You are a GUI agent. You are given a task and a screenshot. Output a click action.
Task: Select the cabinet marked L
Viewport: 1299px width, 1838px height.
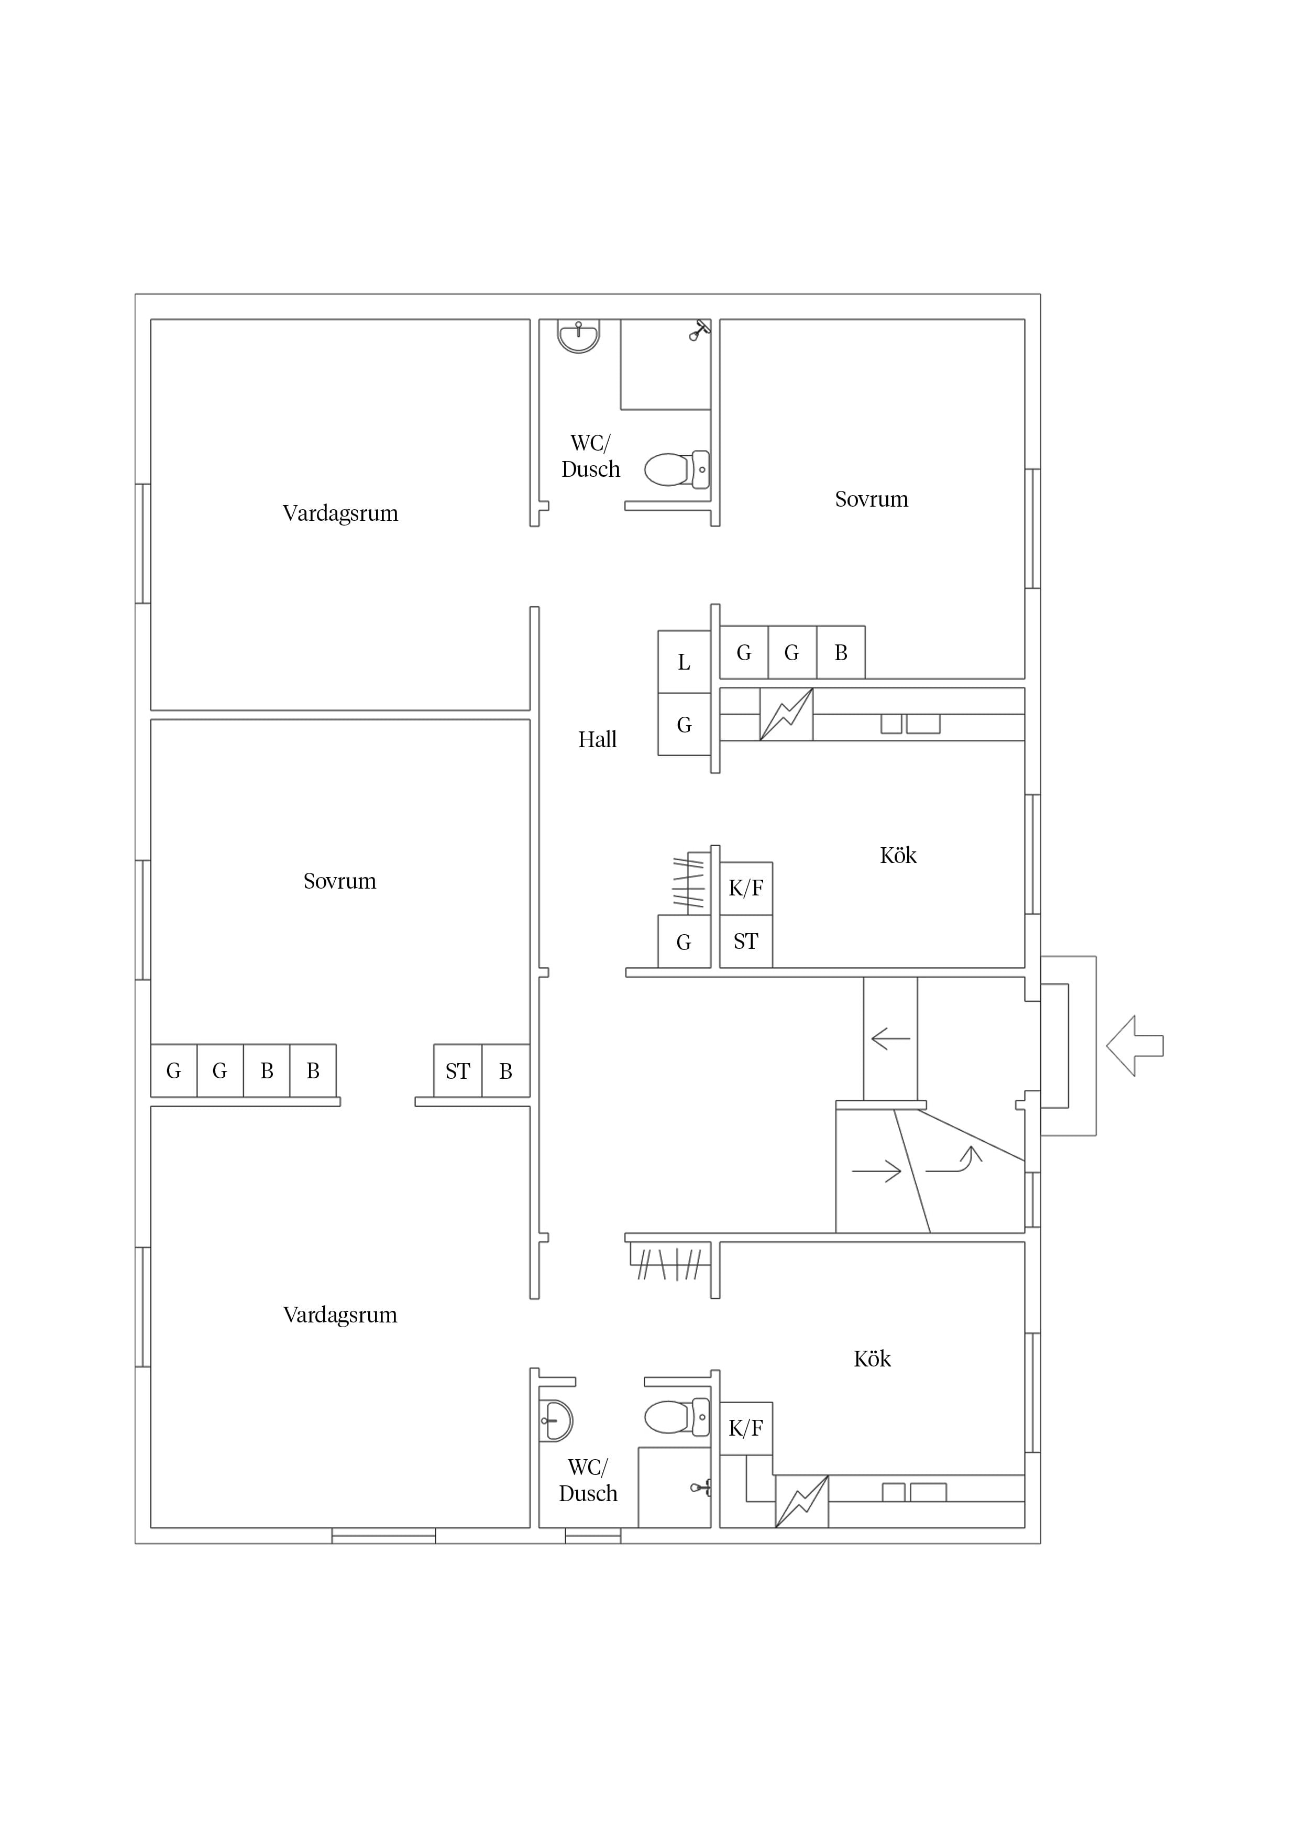(684, 662)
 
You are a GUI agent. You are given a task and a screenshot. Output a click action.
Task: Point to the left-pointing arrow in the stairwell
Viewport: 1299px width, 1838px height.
(890, 1039)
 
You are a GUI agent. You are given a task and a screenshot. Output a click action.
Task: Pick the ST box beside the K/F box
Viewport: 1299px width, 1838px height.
(746, 942)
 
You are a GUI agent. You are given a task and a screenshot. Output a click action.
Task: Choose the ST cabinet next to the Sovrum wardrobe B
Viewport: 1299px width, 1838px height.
(458, 1070)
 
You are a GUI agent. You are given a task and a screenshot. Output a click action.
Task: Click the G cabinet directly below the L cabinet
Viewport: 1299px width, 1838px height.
(684, 725)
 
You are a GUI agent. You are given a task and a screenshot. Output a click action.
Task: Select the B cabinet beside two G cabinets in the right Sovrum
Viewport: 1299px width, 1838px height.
(840, 652)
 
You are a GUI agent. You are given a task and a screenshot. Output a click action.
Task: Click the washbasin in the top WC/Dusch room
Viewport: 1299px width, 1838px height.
(578, 336)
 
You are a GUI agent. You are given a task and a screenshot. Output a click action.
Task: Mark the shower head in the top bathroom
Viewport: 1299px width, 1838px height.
(699, 330)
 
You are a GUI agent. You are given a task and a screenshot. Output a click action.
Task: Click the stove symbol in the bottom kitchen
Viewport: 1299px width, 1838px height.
(801, 1502)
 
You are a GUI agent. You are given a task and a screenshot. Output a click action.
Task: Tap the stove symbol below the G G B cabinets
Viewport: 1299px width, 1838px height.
(786, 714)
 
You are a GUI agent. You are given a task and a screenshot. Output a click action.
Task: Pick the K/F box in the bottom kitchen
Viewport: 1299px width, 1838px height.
(746, 1428)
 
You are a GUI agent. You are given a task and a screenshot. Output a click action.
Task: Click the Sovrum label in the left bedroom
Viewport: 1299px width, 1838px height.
(339, 881)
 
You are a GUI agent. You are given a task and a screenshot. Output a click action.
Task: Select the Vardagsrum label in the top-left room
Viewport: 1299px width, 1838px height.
(340, 513)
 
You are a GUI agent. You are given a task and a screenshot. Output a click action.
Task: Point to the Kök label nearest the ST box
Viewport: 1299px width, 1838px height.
(898, 855)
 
